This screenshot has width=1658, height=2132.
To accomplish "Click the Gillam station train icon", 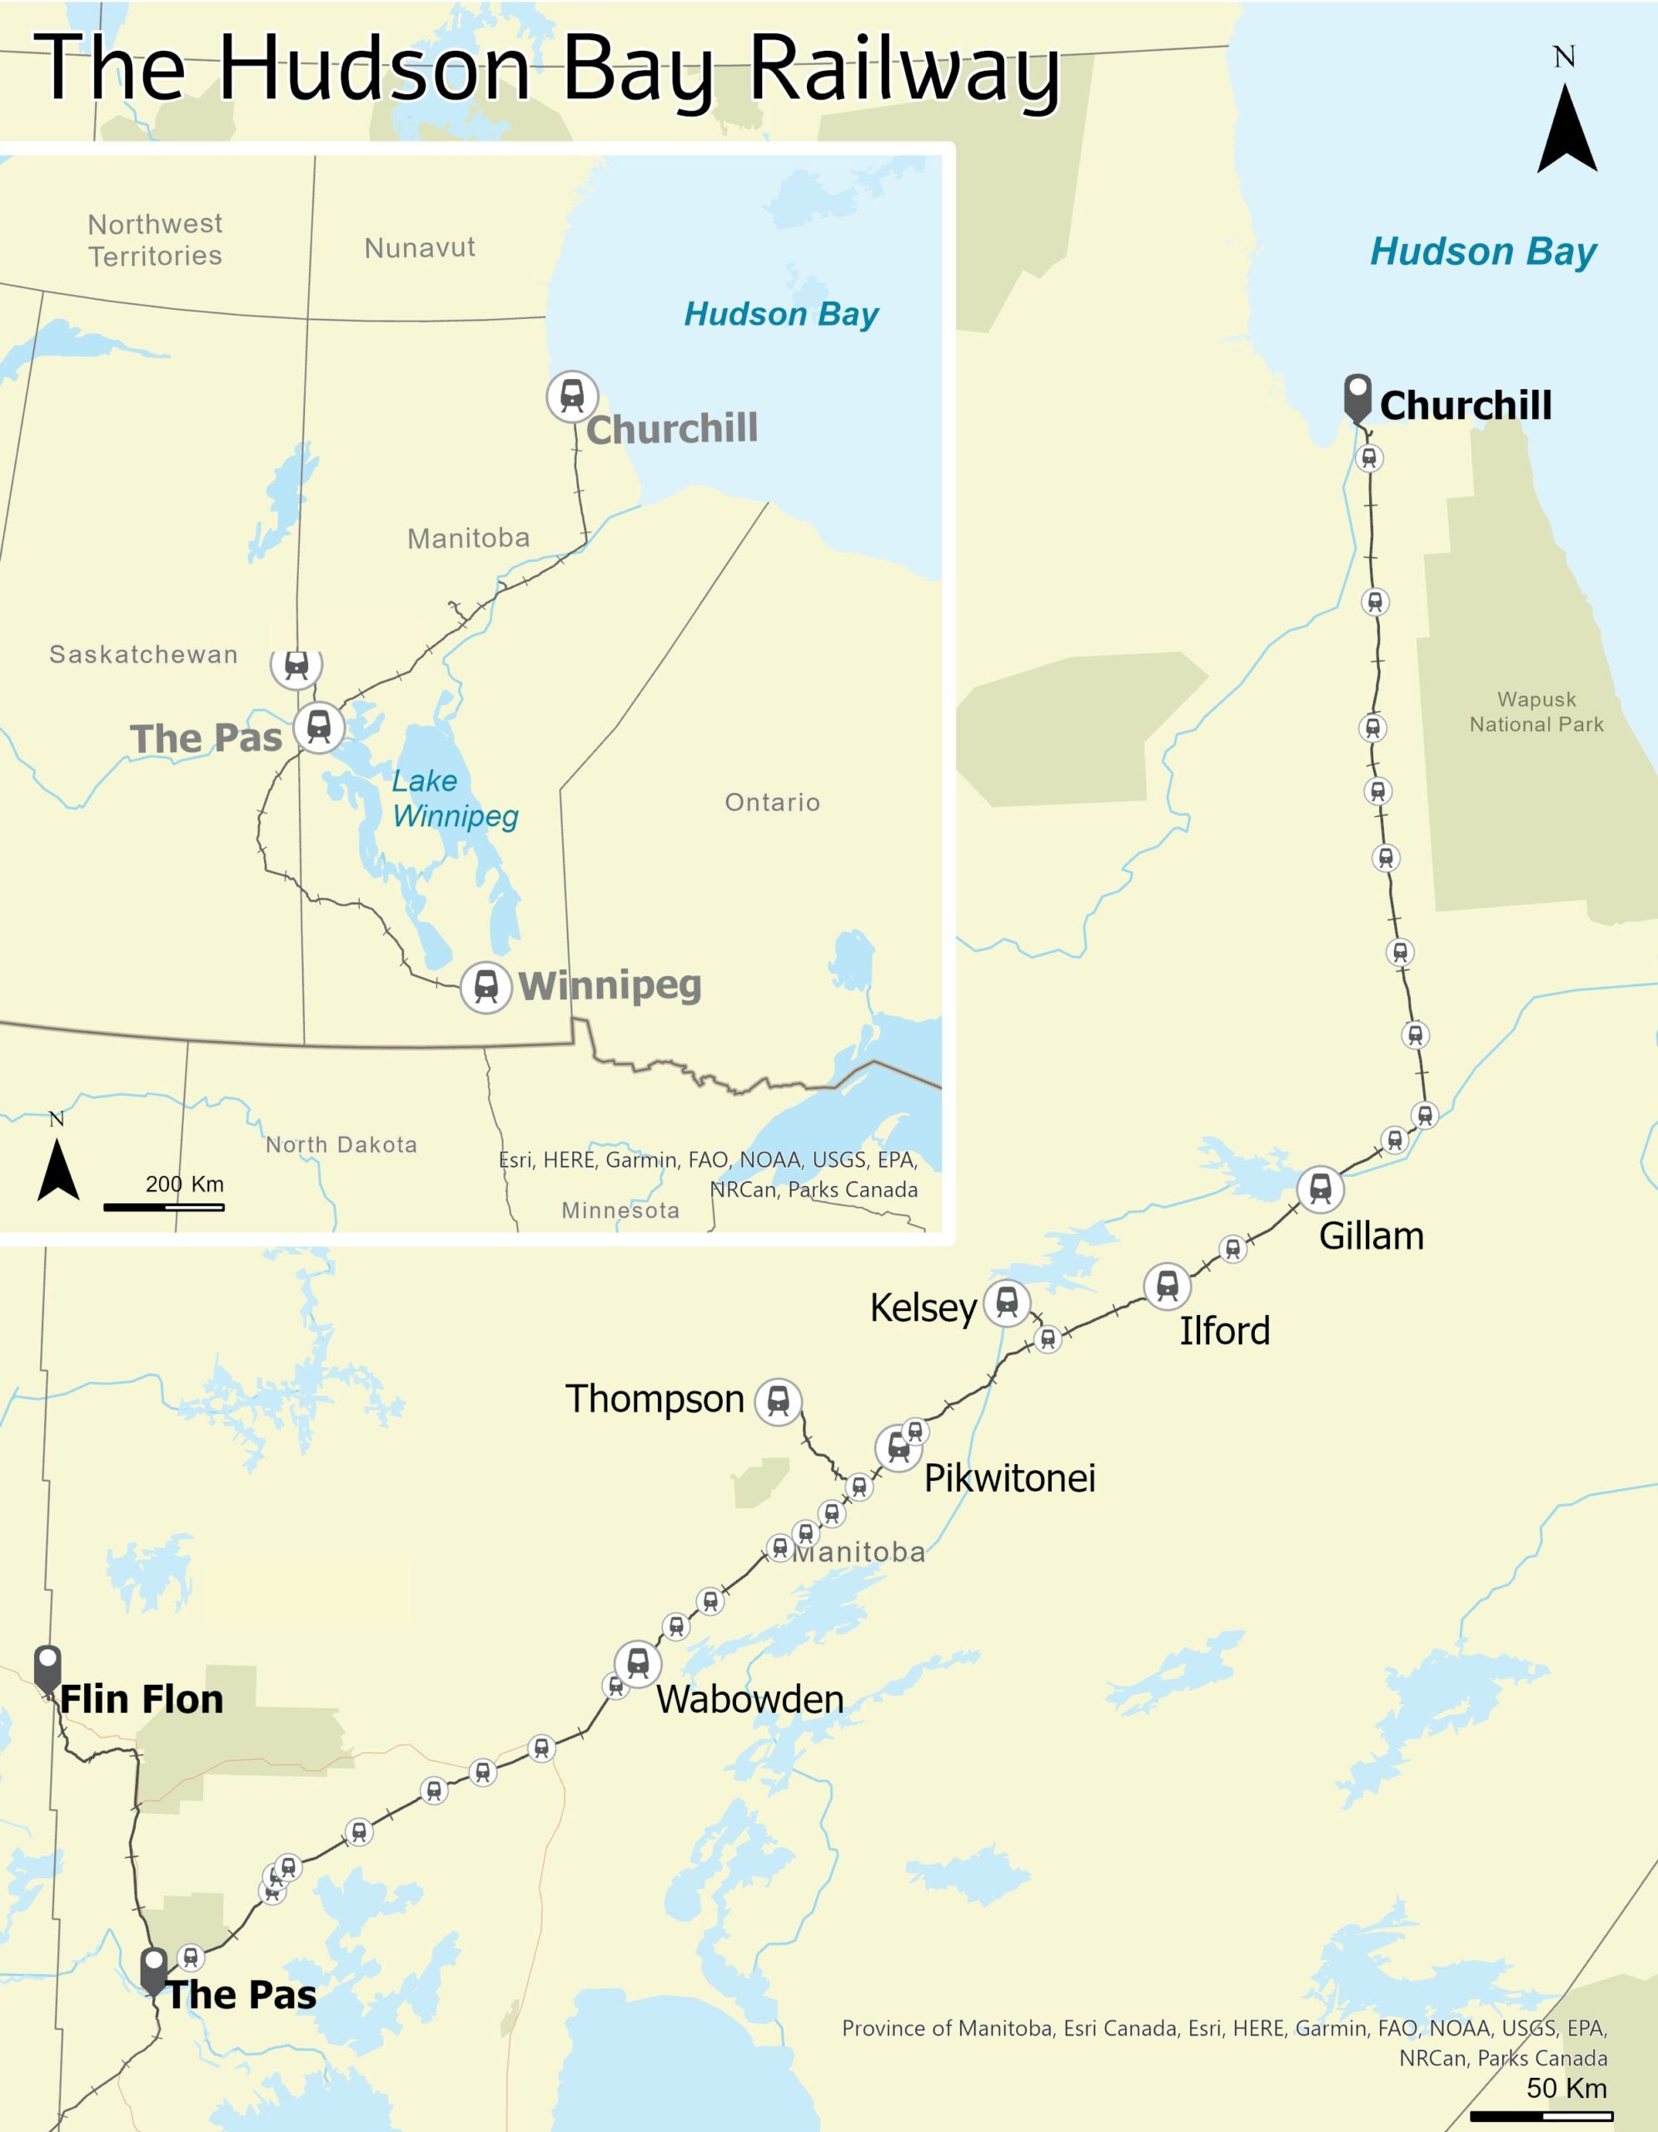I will [1319, 1188].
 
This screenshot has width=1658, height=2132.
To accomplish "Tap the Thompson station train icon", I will [778, 1402].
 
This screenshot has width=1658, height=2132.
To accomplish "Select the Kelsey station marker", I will [1007, 1303].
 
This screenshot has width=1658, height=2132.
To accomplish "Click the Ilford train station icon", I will [1168, 1286].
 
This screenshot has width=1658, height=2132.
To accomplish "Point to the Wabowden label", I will [749, 1700].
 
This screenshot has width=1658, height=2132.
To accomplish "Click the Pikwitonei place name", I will [1009, 1478].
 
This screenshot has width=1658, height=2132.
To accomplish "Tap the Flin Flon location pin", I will [47, 1666].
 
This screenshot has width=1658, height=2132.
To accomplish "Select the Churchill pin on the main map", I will [1357, 396].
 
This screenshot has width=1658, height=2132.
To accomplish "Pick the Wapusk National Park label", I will [1536, 712].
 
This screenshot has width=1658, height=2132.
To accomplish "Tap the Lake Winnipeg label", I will [455, 799].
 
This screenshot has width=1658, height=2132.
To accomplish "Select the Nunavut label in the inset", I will [420, 248].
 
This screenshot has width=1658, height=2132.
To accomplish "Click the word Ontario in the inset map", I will [772, 803].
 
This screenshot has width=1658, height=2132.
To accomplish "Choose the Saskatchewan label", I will [143, 654].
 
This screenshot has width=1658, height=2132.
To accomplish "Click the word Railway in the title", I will [904, 68].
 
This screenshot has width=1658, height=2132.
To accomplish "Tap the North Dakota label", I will [341, 1144].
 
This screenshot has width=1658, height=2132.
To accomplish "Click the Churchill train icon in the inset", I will [572, 396].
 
